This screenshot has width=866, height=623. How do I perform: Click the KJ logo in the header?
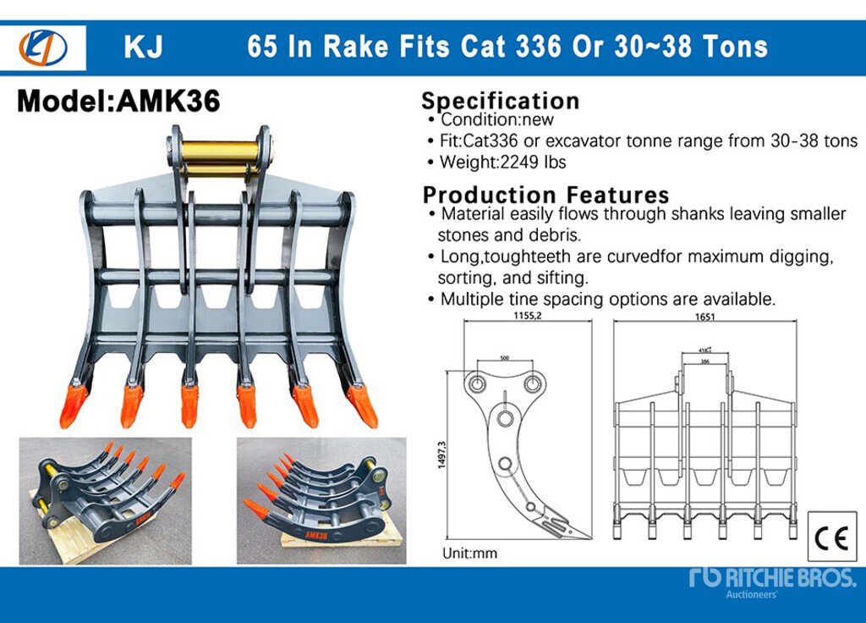pyautogui.click(x=43, y=48)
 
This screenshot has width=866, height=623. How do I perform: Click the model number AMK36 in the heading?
pyautogui.click(x=168, y=101)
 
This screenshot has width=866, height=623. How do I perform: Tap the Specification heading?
pyautogui.click(x=501, y=101)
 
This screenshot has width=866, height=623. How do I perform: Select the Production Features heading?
pyautogui.click(x=545, y=195)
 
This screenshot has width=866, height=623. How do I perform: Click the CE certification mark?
pyautogui.click(x=831, y=538)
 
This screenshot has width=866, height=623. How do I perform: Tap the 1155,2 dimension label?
pyautogui.click(x=528, y=316)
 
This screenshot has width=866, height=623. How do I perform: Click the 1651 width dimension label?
pyautogui.click(x=704, y=317)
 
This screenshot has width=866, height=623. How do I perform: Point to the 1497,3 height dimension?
pyautogui.click(x=441, y=455)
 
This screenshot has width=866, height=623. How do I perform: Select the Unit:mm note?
pyautogui.click(x=469, y=553)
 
